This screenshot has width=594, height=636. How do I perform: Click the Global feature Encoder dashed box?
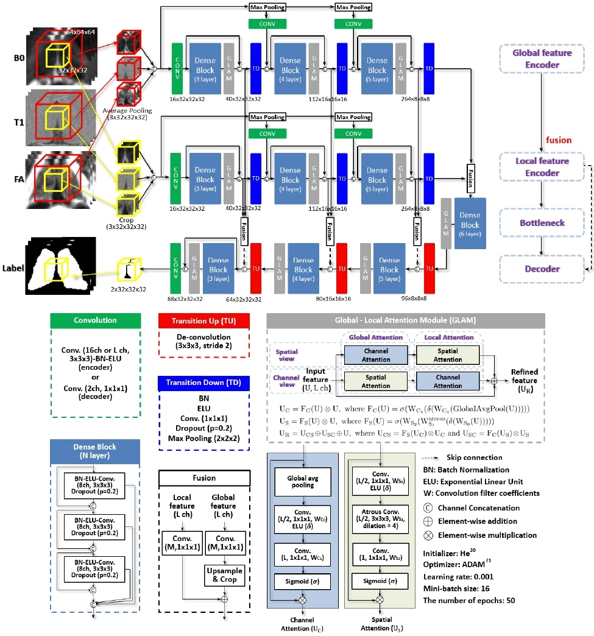pyautogui.click(x=542, y=59)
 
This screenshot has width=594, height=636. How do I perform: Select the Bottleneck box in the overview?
pyautogui.click(x=542, y=223)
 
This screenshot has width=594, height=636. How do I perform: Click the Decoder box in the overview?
pyautogui.click(x=542, y=269)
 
